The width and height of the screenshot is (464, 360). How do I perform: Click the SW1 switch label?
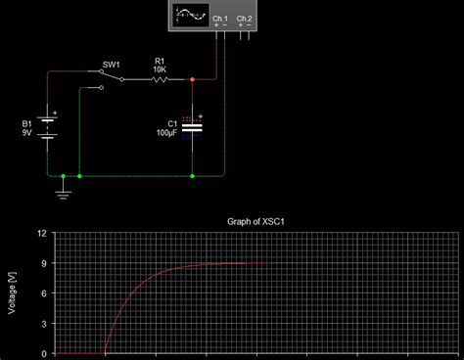(x=111, y=66)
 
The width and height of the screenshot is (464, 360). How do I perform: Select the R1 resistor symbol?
(x=161, y=80)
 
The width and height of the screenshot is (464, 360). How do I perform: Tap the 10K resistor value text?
(x=161, y=69)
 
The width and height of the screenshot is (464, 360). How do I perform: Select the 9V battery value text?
(x=26, y=132)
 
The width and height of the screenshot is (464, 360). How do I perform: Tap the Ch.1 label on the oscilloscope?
(x=218, y=19)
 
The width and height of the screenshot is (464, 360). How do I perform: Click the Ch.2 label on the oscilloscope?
(x=243, y=19)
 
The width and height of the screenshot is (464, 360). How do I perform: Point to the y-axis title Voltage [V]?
(x=12, y=292)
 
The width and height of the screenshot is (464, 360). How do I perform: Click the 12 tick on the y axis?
(x=41, y=234)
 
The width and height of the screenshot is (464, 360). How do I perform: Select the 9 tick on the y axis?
(x=44, y=263)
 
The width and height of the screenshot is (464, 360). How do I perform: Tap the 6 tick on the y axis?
(x=44, y=293)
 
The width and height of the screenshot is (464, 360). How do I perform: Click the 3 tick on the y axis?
(x=44, y=323)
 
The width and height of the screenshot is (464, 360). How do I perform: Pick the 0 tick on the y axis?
(x=44, y=352)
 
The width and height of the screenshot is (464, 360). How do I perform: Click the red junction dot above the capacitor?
(x=192, y=80)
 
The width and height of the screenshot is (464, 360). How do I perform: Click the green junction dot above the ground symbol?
(x=64, y=177)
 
